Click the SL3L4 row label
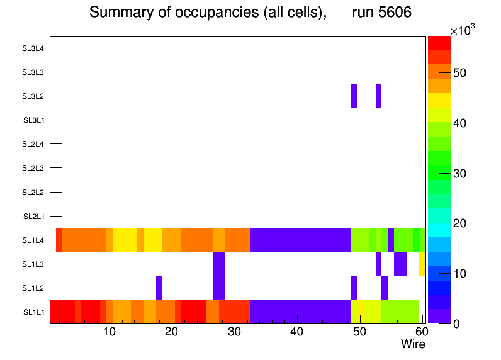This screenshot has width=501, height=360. [33, 48]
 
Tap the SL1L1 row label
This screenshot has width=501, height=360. [33, 312]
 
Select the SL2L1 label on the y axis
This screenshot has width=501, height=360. [33, 216]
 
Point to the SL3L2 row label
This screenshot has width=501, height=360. [33, 96]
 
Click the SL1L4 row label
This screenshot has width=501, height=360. [33, 240]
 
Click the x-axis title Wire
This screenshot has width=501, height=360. [413, 344]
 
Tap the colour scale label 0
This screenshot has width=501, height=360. [455, 323]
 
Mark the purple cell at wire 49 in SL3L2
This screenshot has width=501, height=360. [354, 96]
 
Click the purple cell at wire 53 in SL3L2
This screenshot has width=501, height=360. [378, 96]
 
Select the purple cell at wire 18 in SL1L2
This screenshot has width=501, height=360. [159, 288]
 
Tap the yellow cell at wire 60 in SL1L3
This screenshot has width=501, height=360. [422, 264]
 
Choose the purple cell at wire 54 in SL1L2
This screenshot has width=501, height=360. [385, 288]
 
